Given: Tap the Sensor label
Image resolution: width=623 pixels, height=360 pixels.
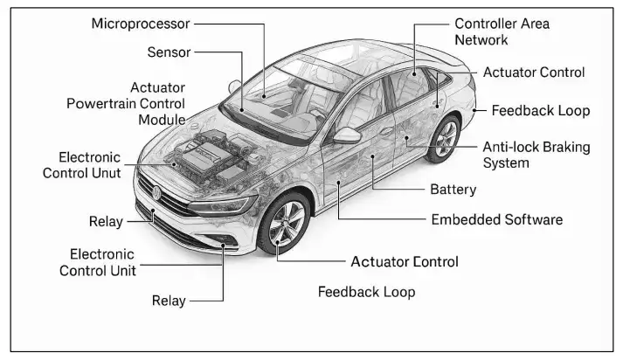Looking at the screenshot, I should [x=169, y=52].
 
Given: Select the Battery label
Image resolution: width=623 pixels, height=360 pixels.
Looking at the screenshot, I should [x=453, y=189].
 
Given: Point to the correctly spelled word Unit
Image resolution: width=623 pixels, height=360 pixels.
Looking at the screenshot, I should [x=117, y=269].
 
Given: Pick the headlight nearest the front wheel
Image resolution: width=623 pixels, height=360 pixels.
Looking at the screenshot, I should [x=226, y=205].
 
